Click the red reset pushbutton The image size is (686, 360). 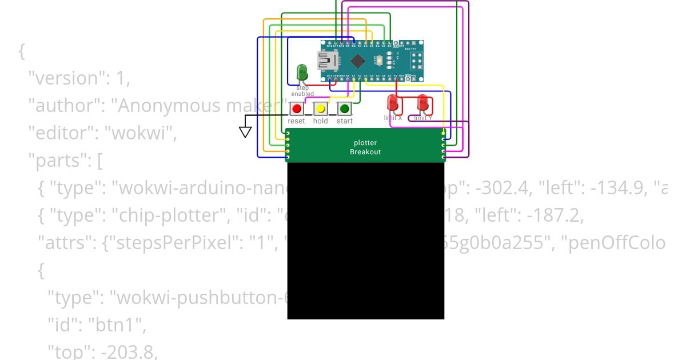pyautogui.click(x=296, y=108)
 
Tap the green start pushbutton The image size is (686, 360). pyautogui.click(x=344, y=108)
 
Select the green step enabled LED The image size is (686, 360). pyautogui.click(x=302, y=73)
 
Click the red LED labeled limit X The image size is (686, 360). pyautogui.click(x=393, y=103)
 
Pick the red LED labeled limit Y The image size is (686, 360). pyautogui.click(x=423, y=103)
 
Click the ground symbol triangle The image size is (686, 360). pyautogui.click(x=245, y=131)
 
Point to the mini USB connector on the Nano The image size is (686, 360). pyautogui.click(x=327, y=59)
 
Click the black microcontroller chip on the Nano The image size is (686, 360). pyautogui.click(x=357, y=60)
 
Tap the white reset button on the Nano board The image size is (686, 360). pyautogui.click(x=380, y=59)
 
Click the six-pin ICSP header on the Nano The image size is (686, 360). pyautogui.click(x=415, y=59)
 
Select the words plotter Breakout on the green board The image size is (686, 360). pyautogui.click(x=365, y=147)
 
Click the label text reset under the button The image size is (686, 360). pyautogui.click(x=296, y=121)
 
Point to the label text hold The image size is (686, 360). pyautogui.click(x=320, y=121)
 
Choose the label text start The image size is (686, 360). pyautogui.click(x=344, y=121)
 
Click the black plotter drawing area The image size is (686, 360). pyautogui.click(x=365, y=240)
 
